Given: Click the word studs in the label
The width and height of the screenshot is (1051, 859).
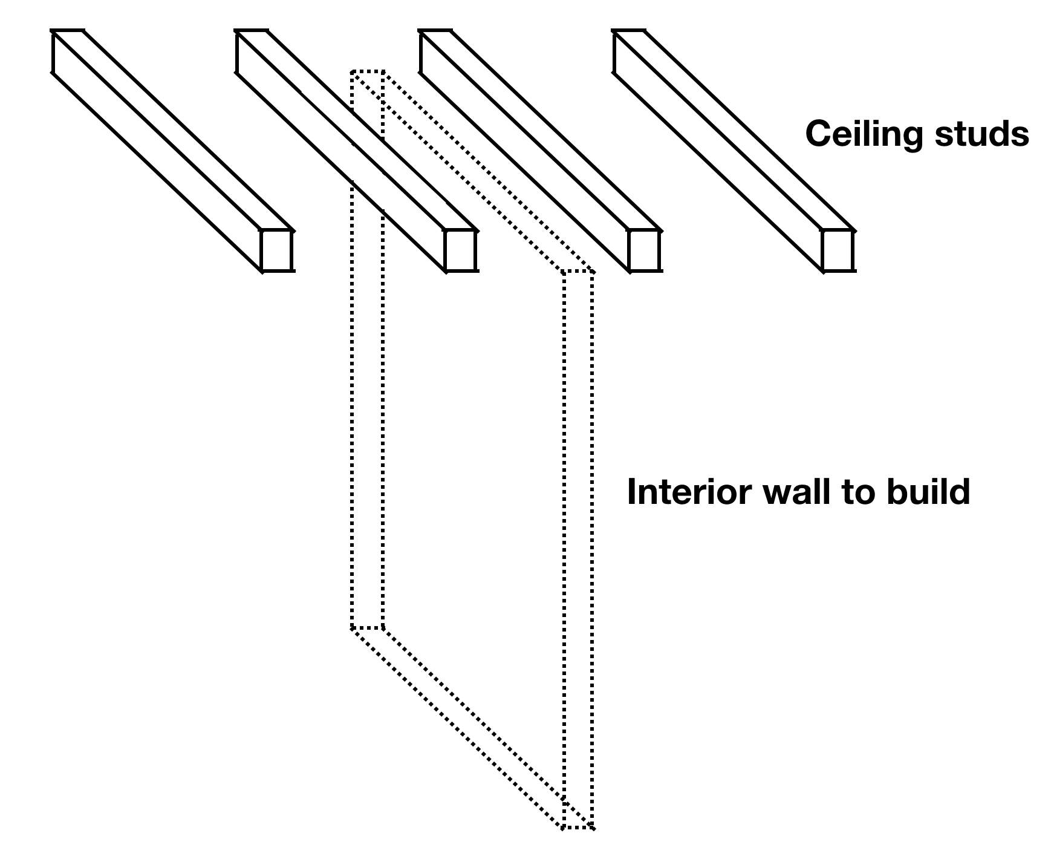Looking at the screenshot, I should [982, 134].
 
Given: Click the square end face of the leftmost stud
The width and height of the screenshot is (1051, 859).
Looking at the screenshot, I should [277, 250].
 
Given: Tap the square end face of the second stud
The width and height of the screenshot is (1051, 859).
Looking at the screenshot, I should [461, 250].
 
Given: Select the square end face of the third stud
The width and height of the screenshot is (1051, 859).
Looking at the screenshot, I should [645, 250].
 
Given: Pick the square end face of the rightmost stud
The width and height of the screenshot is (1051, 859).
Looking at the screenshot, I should [838, 250].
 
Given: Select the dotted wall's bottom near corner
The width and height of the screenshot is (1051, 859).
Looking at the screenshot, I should [578, 828].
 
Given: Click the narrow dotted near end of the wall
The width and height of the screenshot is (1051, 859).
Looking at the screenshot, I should [578, 544].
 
